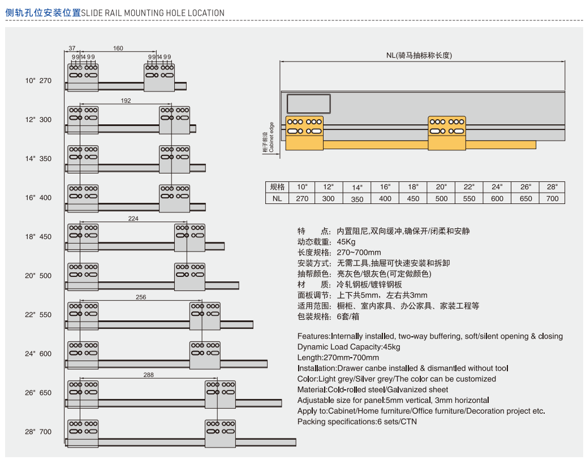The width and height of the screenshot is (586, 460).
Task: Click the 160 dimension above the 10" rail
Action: point(118,49)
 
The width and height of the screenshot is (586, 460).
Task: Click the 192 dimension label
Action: point(126,101)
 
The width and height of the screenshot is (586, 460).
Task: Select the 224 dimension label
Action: point(133,218)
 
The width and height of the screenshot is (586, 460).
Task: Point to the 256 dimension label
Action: point(141,297)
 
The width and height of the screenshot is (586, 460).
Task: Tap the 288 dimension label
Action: point(149,375)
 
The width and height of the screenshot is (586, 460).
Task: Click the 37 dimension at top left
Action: point(72,49)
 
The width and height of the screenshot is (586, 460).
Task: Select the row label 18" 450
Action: point(38,237)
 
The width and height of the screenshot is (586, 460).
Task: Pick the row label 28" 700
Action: point(38,432)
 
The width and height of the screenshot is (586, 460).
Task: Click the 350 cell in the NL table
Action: point(357,199)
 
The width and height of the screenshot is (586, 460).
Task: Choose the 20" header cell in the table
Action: point(441,186)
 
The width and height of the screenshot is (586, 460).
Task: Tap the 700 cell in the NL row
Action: point(552,198)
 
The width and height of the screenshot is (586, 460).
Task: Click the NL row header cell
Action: point(277,198)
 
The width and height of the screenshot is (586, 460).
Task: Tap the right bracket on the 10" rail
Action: point(160,77)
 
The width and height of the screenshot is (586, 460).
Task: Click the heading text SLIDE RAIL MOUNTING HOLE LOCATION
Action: point(153,13)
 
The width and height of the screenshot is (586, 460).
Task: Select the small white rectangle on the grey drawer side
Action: point(308,103)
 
